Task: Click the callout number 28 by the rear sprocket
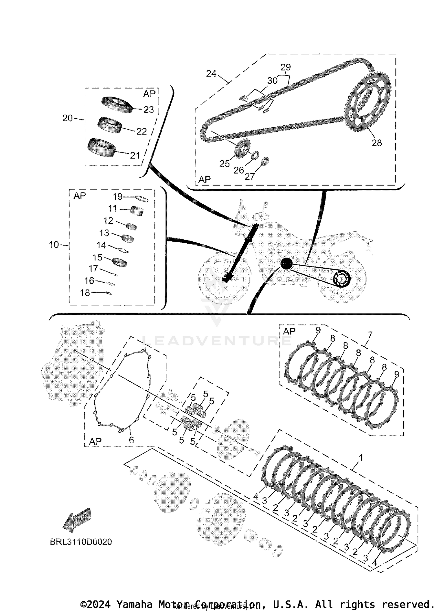click(x=376, y=143)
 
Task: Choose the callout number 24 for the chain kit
click(x=211, y=73)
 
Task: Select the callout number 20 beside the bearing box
click(x=67, y=118)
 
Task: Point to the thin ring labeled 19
click(x=142, y=199)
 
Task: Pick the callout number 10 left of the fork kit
click(x=54, y=245)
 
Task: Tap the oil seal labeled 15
click(x=119, y=262)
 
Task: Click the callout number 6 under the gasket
click(x=131, y=440)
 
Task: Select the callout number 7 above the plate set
click(x=370, y=335)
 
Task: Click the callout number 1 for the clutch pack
click(x=361, y=458)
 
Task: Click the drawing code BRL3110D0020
click(x=81, y=542)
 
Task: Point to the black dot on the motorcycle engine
click(x=287, y=264)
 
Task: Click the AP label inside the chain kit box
click(x=205, y=179)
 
